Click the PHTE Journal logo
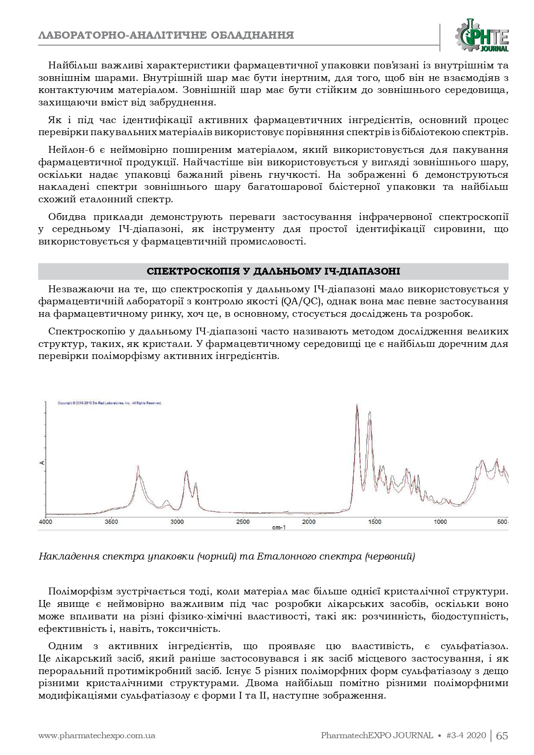(x=482, y=36)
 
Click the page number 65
(x=502, y=736)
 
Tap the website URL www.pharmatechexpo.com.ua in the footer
(x=97, y=736)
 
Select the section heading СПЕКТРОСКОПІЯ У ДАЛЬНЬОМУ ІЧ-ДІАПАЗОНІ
(x=273, y=272)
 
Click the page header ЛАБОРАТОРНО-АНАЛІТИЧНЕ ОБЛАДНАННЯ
(x=166, y=35)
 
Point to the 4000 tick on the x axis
(x=46, y=522)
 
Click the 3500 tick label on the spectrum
(x=111, y=522)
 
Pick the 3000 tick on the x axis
(x=177, y=522)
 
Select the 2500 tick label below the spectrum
(x=243, y=522)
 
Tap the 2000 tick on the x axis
(x=309, y=522)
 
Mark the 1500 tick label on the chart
(x=374, y=522)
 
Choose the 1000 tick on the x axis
(x=440, y=522)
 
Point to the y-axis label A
(x=42, y=463)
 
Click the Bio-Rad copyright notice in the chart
(x=109, y=403)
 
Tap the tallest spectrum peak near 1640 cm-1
(x=357, y=405)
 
